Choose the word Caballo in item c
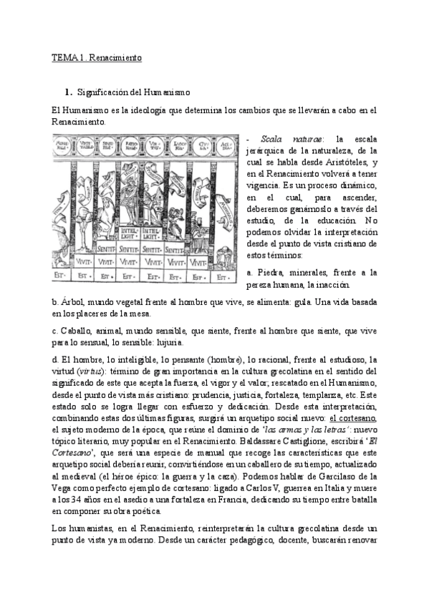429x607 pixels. tap(77, 331)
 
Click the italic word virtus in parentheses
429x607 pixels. tap(90, 372)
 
